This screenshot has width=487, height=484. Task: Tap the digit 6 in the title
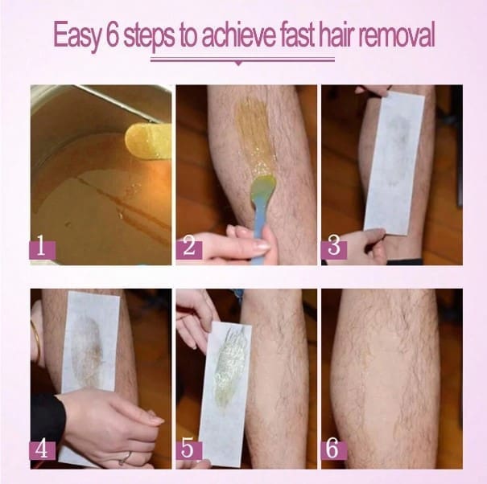(x=112, y=34)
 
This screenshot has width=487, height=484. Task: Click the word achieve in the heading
(x=239, y=34)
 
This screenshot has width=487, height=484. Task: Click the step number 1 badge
(x=43, y=250)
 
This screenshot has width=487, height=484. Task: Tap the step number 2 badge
(x=189, y=250)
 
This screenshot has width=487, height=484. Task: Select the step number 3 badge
(x=334, y=250)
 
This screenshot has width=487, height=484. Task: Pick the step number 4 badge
(x=43, y=451)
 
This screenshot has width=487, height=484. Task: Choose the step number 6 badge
(x=334, y=451)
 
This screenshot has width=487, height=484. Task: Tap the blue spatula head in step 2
(x=262, y=186)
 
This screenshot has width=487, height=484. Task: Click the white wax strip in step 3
(x=394, y=163)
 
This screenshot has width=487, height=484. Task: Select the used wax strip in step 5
(x=225, y=392)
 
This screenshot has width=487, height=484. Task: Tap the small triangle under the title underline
(x=238, y=64)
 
